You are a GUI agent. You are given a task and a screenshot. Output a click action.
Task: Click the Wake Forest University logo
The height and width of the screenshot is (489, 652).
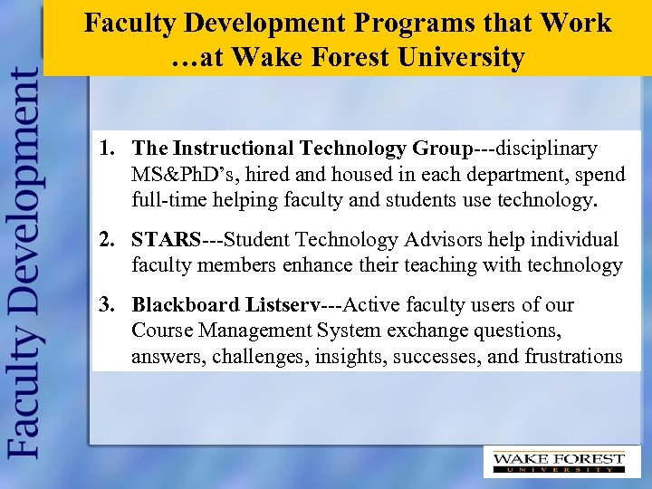[x=558, y=462]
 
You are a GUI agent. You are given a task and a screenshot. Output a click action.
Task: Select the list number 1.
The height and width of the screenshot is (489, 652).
[x=107, y=148]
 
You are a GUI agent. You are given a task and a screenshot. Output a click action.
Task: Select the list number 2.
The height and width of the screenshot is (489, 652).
[x=107, y=240]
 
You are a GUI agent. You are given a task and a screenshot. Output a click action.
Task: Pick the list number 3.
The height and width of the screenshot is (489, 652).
[x=107, y=305]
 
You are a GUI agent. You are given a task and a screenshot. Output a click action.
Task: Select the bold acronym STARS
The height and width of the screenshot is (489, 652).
[x=166, y=240]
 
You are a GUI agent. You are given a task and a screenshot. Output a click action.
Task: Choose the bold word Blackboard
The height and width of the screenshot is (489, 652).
[x=182, y=305]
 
